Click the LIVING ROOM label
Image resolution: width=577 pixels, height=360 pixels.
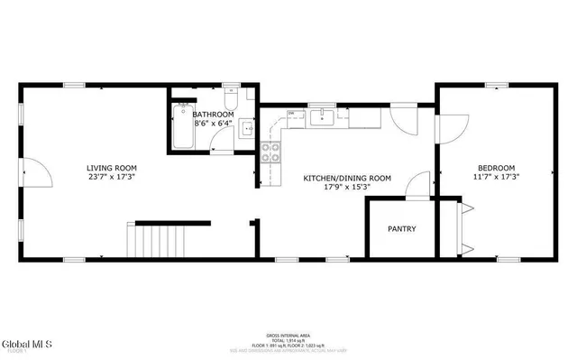point(112,167)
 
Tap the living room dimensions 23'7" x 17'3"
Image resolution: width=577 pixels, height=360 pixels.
point(112,178)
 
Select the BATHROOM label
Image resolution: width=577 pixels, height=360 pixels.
point(213,115)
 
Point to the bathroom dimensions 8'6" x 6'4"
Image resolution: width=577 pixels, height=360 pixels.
point(213,125)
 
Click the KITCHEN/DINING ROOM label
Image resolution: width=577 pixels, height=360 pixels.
point(346,179)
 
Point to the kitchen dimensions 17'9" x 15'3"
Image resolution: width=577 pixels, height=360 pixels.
point(346,189)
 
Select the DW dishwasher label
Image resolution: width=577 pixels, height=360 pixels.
point(290,113)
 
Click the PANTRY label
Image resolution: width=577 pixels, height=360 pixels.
point(402,229)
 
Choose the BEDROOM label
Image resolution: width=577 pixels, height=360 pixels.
point(496,168)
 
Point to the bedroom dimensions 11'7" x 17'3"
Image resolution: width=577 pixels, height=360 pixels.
point(496,178)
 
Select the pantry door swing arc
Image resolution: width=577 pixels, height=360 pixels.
point(416,185)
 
